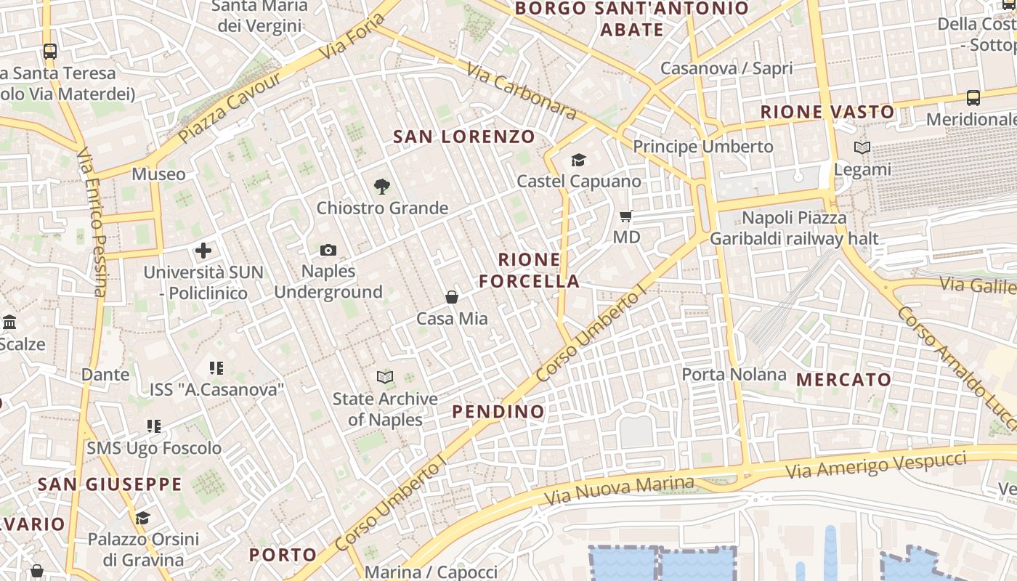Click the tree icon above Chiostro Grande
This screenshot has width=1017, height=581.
382,187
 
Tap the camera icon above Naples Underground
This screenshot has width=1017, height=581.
328,251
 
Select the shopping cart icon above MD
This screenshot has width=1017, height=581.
625,216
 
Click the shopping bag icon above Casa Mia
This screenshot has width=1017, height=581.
452,297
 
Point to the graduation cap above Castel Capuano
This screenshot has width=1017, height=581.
578,160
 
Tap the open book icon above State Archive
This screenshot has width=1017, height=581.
385,377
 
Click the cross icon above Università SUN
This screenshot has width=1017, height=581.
203,251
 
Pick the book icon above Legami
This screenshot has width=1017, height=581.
862,148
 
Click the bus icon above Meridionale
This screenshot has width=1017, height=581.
973,97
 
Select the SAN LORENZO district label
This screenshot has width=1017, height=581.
464,137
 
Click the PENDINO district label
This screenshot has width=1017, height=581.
498,412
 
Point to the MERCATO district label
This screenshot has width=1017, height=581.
843,380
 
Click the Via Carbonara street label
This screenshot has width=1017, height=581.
521,92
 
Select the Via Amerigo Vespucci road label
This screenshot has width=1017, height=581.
876,464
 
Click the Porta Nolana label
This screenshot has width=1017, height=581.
734,374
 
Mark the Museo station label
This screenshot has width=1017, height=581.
158,174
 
